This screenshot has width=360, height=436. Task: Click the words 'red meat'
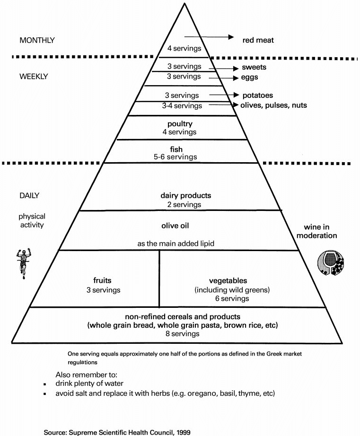258,40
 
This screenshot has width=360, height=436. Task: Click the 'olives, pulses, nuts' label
274,105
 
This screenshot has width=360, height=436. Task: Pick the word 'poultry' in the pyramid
179,124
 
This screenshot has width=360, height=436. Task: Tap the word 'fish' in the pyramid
179,149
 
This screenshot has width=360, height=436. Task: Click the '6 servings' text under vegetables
221,298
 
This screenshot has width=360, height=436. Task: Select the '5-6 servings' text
179,157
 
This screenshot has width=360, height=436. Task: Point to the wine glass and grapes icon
330,262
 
